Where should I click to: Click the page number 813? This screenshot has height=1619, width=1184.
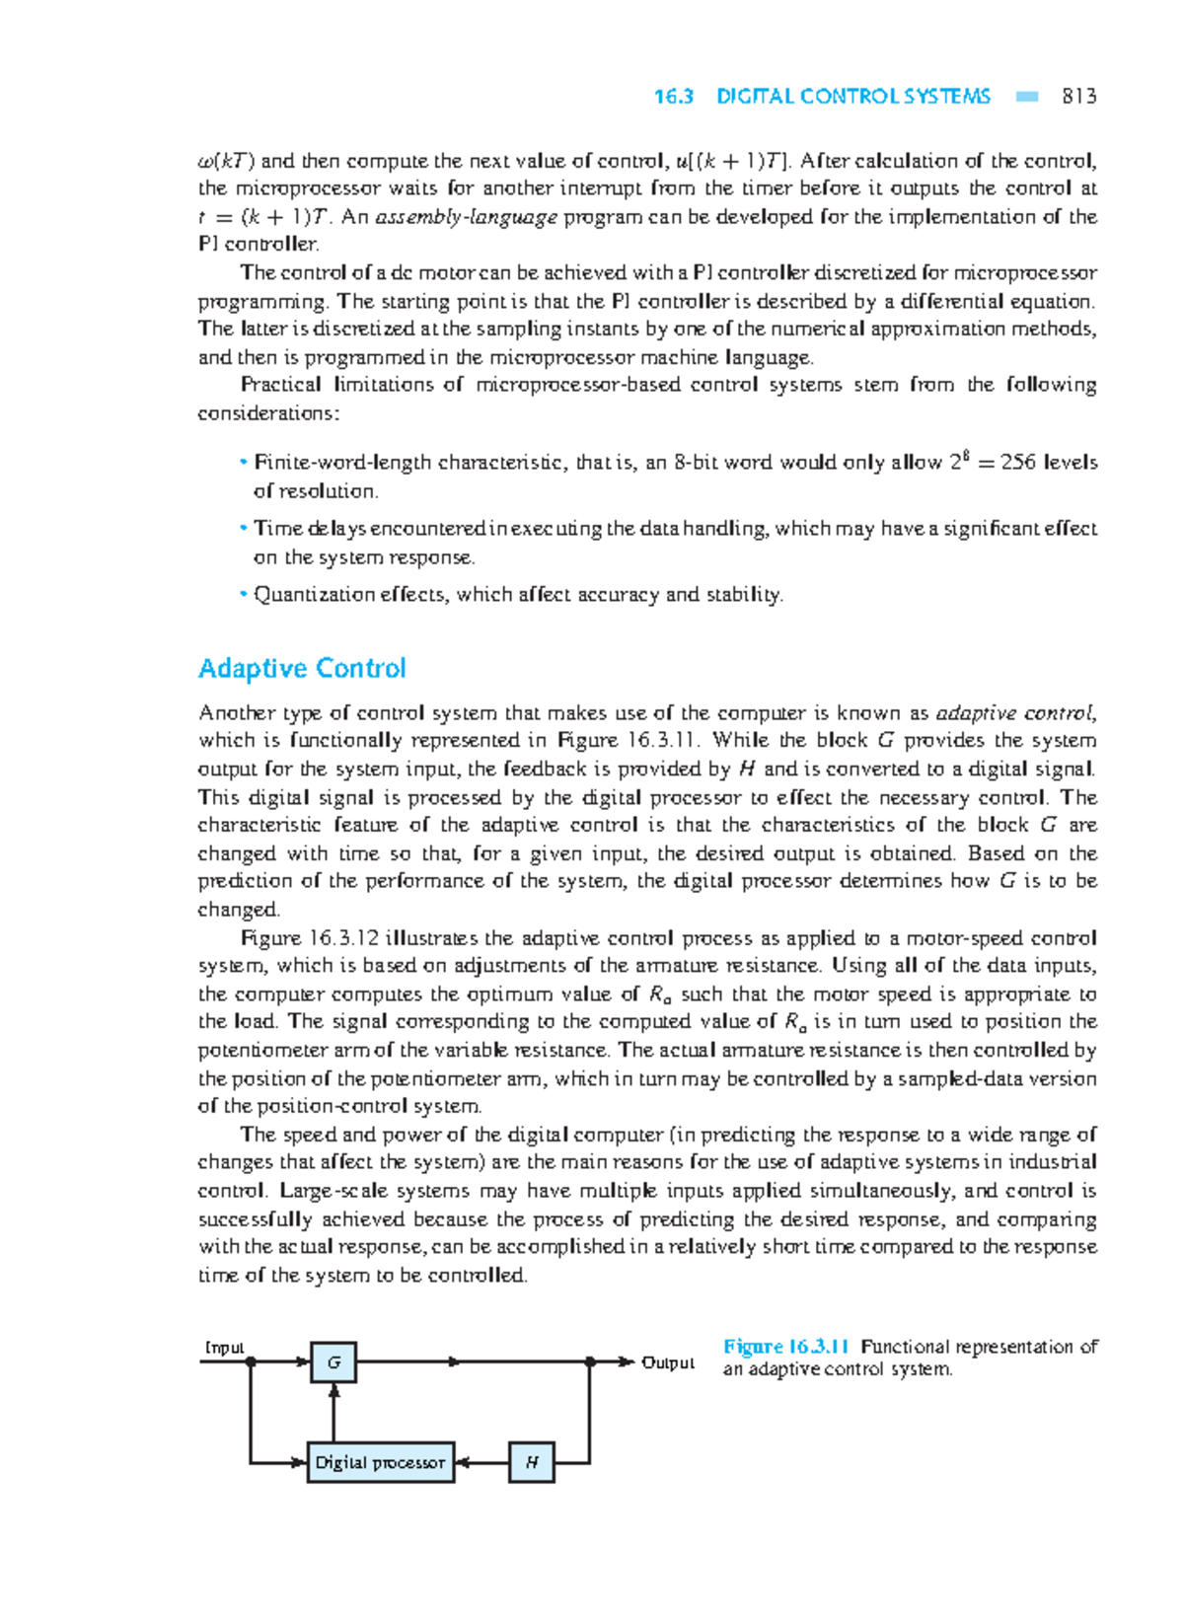(1078, 97)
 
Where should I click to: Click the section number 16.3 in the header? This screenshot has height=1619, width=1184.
(674, 97)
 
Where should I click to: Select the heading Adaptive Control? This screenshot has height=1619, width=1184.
(302, 669)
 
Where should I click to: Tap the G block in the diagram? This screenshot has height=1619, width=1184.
(333, 1362)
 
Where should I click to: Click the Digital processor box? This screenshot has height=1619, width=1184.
(380, 1462)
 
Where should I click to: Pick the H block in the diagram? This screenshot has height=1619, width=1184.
(532, 1462)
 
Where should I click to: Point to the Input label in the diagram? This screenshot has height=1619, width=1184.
(224, 1348)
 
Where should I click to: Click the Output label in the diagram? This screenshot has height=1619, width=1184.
(668, 1363)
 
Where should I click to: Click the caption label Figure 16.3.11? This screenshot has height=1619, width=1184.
(786, 1347)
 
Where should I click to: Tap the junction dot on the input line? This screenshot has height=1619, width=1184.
(251, 1362)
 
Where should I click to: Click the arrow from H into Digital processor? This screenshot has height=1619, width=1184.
(481, 1462)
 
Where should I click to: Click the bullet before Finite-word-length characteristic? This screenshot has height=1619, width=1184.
(242, 462)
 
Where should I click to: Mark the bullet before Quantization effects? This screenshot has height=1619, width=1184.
(242, 594)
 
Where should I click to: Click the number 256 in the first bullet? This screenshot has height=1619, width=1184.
(1018, 463)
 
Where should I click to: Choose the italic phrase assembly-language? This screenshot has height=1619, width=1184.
(467, 217)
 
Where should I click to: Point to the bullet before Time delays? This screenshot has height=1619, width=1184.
(242, 528)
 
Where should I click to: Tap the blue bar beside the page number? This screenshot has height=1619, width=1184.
(1027, 97)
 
